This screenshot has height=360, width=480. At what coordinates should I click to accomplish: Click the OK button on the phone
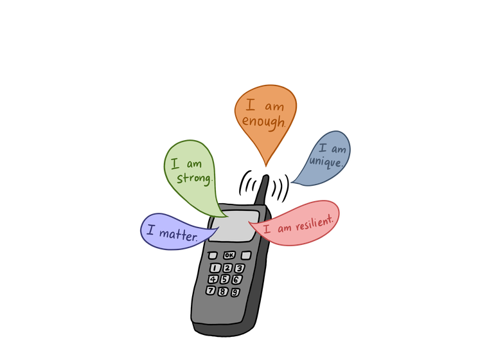(x=229, y=255)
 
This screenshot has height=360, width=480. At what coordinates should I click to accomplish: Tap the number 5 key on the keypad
(x=225, y=279)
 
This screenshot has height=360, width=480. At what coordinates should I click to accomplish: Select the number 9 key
(x=235, y=292)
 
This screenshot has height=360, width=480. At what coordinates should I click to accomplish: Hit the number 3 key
(x=239, y=268)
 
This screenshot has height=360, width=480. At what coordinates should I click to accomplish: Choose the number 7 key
(x=210, y=290)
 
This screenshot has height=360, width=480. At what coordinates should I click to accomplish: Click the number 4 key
(x=213, y=278)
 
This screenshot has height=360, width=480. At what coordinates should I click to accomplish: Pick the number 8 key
(x=222, y=291)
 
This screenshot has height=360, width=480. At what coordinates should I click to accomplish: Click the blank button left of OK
(x=213, y=255)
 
